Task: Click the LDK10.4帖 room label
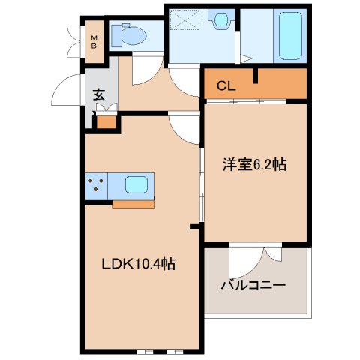pyautogui.click(x=139, y=265)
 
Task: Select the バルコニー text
pyautogui.click(x=253, y=286)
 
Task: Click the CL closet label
pyautogui.click(x=226, y=85)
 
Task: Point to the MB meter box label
pyautogui.click(x=94, y=41)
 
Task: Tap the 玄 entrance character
pyautogui.click(x=99, y=94)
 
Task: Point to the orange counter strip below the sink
pyautogui.click(x=133, y=202)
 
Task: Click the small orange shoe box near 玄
pyautogui.click(x=106, y=120)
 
